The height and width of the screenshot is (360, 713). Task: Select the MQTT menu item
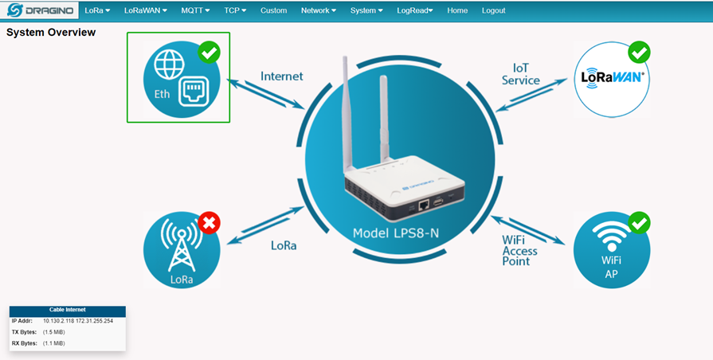[x=194, y=10]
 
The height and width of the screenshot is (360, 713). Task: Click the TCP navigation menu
[x=234, y=10]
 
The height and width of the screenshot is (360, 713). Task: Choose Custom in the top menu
[x=273, y=10]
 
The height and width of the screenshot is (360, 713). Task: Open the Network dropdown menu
[x=318, y=10]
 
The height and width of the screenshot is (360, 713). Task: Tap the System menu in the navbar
[x=366, y=10]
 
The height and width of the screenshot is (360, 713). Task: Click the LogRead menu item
[x=414, y=10]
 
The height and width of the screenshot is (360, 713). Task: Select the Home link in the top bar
[x=457, y=10]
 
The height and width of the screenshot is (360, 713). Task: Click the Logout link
[x=493, y=10]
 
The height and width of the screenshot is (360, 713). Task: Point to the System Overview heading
[x=51, y=33]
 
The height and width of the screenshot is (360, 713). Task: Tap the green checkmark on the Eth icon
[x=209, y=53]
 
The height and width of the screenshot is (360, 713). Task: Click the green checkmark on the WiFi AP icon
[x=639, y=223]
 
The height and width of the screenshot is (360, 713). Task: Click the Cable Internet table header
[x=67, y=310]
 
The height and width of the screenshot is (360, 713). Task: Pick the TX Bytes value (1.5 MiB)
[x=54, y=331]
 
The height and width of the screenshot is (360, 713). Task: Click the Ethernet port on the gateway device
[x=425, y=204]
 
